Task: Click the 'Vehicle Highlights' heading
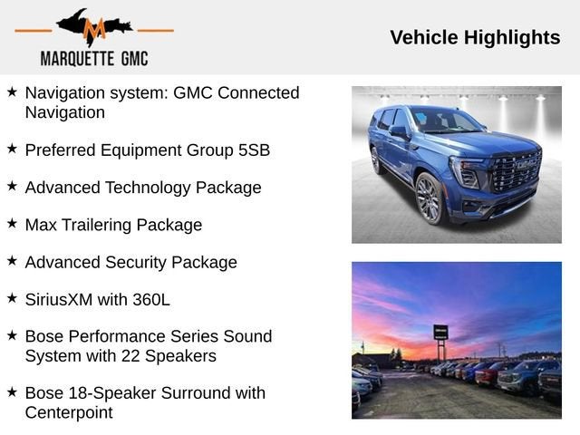pos(475,37)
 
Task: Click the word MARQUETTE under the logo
pos(77,59)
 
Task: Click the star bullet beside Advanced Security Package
pos(12,261)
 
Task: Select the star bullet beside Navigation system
pos(12,92)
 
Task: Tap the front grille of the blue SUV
pos(516,171)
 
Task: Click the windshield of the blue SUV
pos(444,121)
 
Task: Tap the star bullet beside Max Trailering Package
pos(12,224)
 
